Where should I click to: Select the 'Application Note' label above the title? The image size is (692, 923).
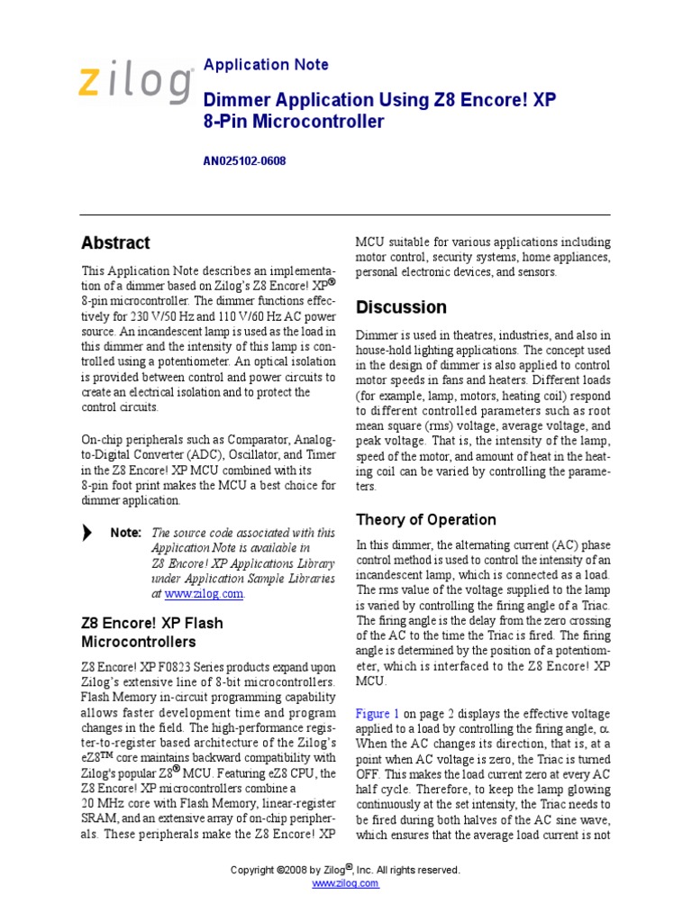tap(266, 65)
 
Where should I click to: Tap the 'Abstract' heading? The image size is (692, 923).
tap(115, 242)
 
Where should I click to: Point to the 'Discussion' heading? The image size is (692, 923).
tap(401, 307)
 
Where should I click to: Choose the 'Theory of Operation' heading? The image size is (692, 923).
tap(425, 520)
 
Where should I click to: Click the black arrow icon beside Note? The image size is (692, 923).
tap(86, 533)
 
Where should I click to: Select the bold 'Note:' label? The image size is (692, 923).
tap(125, 533)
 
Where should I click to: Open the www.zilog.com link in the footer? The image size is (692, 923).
tap(345, 883)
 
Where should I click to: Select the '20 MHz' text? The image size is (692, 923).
tap(105, 803)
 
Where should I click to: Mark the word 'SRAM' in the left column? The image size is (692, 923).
tap(98, 818)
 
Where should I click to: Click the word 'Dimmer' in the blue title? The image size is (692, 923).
tap(237, 99)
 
